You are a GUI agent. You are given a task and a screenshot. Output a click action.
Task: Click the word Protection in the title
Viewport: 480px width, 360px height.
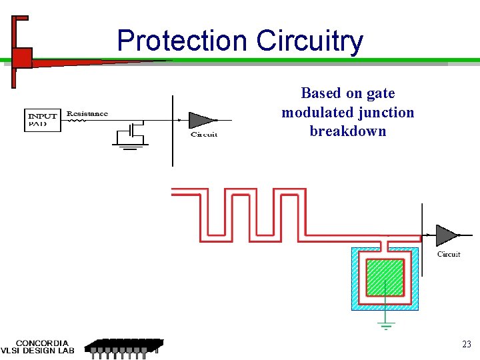pos(182,41)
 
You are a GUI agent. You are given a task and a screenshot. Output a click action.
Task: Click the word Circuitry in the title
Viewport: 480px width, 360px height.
pos(310,41)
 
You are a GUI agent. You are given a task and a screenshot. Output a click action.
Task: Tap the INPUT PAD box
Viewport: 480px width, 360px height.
pos(43,120)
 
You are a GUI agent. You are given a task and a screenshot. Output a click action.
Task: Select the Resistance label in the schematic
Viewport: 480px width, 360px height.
pos(87,114)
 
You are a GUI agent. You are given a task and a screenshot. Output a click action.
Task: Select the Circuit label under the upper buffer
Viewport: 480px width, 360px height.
pos(204,135)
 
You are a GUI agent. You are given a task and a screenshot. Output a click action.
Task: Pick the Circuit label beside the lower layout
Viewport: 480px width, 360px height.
pos(449,254)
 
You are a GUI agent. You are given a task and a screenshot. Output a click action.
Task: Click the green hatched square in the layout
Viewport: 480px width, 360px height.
pos(385,277)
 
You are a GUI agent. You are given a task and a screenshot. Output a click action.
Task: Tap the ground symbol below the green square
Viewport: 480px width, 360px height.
pos(386,326)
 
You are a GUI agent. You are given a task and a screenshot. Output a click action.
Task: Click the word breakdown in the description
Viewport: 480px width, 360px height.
pos(348,131)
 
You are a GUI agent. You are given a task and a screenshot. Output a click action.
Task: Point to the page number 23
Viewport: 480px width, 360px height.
pos(467,345)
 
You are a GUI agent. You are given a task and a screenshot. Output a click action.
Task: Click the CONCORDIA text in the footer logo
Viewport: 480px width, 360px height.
pos(42,343)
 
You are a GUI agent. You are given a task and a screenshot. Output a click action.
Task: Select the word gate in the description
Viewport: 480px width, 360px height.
pos(380,93)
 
